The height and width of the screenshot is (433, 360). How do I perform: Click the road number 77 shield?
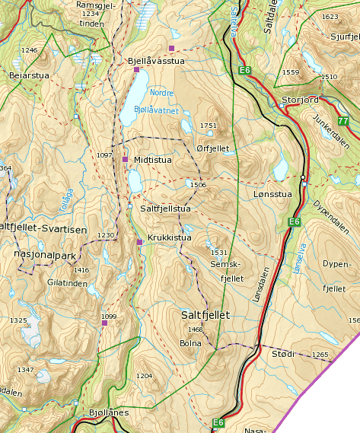pyautogui.click(x=343, y=121)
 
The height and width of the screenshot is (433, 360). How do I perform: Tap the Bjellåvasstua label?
pyautogui.click(x=156, y=60)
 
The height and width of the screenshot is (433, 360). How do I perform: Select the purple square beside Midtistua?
pyautogui.click(x=125, y=159)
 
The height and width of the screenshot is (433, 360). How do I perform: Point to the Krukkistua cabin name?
pyautogui.click(x=168, y=237)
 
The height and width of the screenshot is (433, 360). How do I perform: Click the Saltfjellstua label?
pyautogui.click(x=165, y=207)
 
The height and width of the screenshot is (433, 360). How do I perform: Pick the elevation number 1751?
pyautogui.click(x=208, y=126)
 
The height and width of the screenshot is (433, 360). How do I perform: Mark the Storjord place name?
pyautogui.click(x=298, y=100)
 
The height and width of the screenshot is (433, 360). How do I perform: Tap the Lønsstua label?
pyautogui.click(x=272, y=194)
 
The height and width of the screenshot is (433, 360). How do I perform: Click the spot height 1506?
pyautogui.click(x=198, y=185)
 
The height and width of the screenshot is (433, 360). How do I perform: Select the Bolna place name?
pyautogui.click(x=190, y=343)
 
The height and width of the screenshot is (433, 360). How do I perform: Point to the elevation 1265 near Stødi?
pyautogui.click(x=320, y=355)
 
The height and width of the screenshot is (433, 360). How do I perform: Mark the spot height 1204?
pyautogui.click(x=144, y=376)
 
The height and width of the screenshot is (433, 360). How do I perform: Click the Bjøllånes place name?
pyautogui.click(x=110, y=412)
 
